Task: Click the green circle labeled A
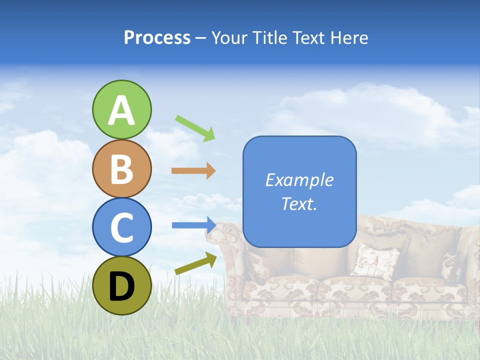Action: click(x=122, y=109)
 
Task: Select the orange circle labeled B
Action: click(x=122, y=168)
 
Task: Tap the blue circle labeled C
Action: click(x=122, y=227)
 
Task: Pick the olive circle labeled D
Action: click(x=122, y=285)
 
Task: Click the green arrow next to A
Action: click(x=195, y=127)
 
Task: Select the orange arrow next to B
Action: click(x=193, y=171)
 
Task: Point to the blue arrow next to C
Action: click(x=193, y=225)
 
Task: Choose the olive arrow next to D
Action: click(x=195, y=263)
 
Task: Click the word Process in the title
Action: click(x=157, y=38)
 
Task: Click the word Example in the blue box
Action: click(x=299, y=180)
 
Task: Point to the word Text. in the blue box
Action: click(x=299, y=203)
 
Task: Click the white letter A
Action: click(x=122, y=110)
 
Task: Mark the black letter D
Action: click(x=122, y=286)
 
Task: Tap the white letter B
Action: click(x=122, y=169)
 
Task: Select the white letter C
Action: click(x=122, y=228)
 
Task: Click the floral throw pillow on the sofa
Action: click(x=374, y=260)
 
